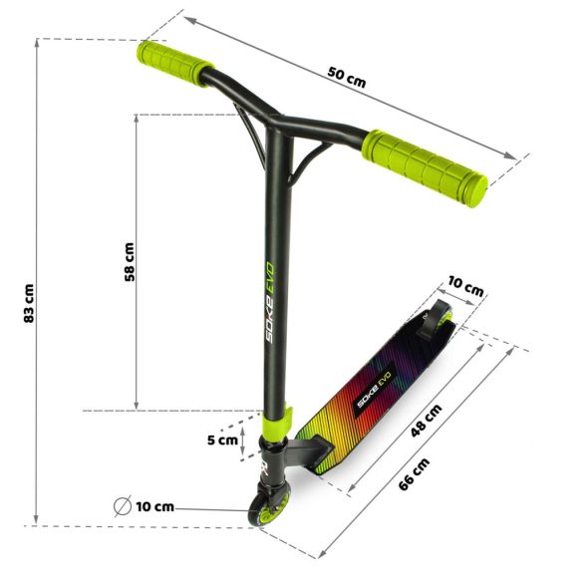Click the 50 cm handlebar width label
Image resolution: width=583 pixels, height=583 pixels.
pos(347,78)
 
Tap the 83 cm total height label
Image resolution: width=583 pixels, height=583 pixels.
pos(29,304)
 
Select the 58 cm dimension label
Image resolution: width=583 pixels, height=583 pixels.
pos(129,262)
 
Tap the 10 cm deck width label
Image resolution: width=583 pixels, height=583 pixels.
pos(466,289)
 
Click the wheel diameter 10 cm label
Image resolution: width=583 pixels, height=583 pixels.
pos(154,506)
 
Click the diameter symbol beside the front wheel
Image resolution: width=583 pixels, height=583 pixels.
pos(121,506)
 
